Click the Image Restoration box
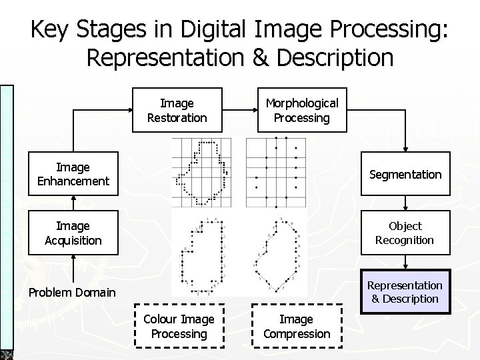tap(177, 111)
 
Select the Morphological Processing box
tap(302, 111)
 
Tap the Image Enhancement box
tap(74, 174)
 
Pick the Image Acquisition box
tap(74, 233)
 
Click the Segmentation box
tap(405, 175)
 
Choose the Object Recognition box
tap(405, 233)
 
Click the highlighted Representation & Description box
tap(405, 291)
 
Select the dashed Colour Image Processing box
tap(178, 327)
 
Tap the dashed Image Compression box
tap(297, 327)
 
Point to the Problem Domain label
tap(71, 292)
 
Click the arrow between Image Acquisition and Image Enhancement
tap(74, 203)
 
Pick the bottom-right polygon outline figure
tap(275, 253)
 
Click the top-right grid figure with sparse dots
tap(276, 172)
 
